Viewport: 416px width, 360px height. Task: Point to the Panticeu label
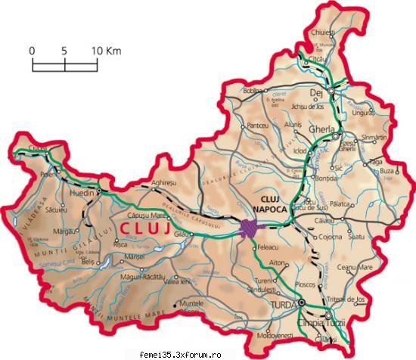(258, 125)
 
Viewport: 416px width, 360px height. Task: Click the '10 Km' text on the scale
(107, 50)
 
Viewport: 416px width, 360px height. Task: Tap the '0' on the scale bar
(33, 50)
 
